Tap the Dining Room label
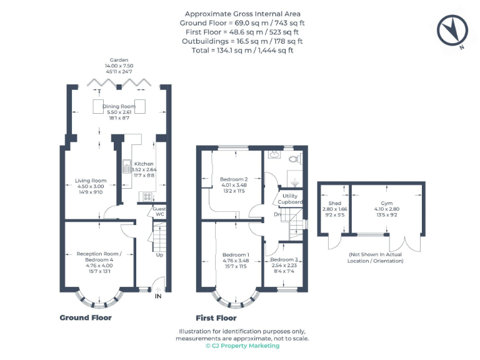(119, 107)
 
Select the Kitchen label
(144, 164)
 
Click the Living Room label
(90, 181)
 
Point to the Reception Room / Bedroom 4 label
(99, 254)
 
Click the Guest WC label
(159, 211)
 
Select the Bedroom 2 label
(234, 179)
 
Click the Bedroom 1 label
(236, 255)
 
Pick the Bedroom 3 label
(284, 259)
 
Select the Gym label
(387, 203)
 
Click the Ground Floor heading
(86, 317)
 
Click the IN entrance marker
(158, 296)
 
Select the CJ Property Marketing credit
(242, 346)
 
